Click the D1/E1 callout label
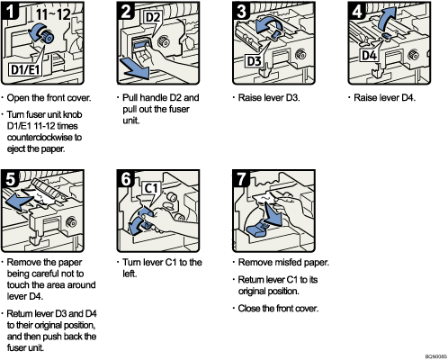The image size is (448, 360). (x=28, y=68)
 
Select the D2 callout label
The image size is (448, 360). (x=150, y=16)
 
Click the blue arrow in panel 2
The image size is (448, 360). (x=134, y=68)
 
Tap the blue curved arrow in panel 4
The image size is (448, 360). (x=386, y=20)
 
